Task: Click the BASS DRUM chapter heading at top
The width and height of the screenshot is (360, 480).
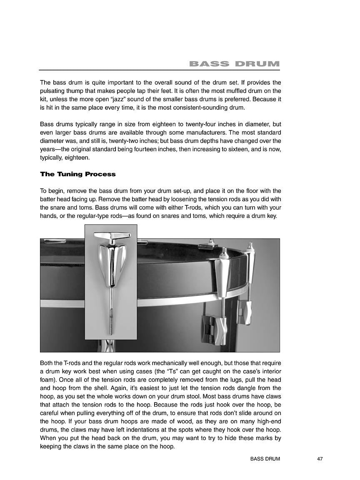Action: (234, 64)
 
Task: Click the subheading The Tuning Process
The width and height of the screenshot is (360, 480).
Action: (77, 174)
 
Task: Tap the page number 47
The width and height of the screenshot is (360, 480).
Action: (320, 459)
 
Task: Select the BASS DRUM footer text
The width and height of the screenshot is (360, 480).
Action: (265, 459)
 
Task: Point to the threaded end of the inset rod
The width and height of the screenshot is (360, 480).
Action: (111, 321)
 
